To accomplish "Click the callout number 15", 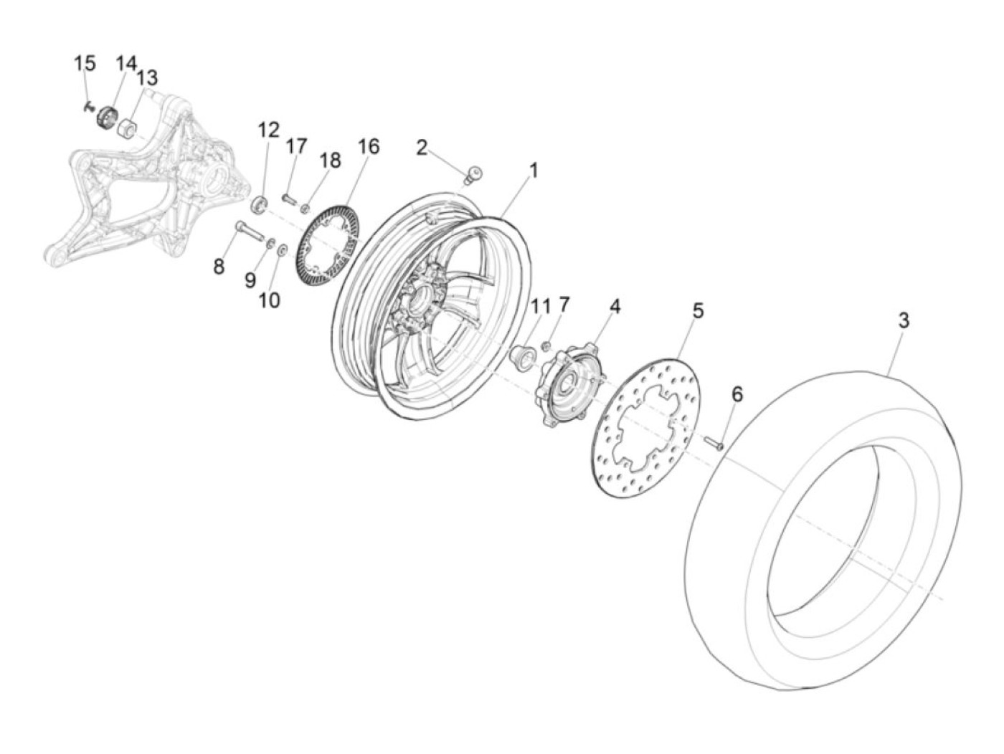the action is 85,63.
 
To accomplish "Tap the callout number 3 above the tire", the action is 903,320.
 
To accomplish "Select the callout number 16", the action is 368,147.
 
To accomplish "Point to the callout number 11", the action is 539,307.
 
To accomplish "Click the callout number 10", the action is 270,300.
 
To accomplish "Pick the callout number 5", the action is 697,311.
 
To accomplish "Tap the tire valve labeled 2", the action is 474,176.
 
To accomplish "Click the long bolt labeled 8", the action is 250,231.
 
